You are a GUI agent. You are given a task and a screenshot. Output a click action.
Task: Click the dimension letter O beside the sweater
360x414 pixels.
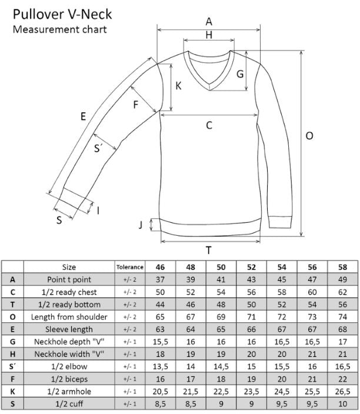309,136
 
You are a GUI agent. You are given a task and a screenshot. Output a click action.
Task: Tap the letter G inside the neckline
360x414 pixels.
240,74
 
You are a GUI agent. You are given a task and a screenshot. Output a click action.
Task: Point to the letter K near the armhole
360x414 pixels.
178,86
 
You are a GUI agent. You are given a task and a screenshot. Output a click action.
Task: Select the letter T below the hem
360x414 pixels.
209,250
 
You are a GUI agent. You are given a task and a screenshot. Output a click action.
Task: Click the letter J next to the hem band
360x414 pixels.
141,225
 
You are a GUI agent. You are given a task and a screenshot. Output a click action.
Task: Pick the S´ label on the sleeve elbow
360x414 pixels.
98,148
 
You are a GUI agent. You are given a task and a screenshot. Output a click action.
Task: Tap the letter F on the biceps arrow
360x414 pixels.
135,105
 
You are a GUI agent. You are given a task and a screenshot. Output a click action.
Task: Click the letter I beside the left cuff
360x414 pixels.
98,211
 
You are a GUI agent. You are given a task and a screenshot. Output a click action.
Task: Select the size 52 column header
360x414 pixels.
251,267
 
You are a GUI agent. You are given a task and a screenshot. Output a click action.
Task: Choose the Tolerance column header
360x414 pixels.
129,267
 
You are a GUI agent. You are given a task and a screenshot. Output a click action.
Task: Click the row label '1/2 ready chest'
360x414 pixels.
69,292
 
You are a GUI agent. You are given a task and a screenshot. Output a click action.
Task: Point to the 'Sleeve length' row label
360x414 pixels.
69,329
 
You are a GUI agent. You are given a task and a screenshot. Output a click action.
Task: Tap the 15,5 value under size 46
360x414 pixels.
161,342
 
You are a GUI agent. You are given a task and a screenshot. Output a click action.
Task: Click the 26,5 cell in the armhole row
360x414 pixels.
342,392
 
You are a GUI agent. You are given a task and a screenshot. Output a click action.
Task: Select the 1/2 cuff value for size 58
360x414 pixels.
342,404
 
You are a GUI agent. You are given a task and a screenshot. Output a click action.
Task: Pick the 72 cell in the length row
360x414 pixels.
282,317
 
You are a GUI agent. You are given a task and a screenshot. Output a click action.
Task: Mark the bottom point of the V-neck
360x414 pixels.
210,91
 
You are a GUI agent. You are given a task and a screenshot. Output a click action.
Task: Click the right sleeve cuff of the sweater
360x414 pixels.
281,222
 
